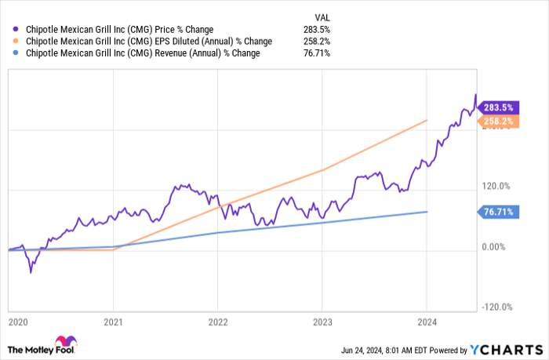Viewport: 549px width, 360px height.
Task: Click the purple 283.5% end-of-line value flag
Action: pyautogui.click(x=499, y=107)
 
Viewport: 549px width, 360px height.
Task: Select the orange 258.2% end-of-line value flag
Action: pyautogui.click(x=499, y=122)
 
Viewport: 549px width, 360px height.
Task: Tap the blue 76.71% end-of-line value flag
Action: pyautogui.click(x=499, y=212)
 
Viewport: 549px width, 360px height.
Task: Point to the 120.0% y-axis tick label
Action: pyautogui.click(x=496, y=187)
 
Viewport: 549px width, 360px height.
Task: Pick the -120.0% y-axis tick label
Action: pyautogui.click(x=496, y=307)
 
